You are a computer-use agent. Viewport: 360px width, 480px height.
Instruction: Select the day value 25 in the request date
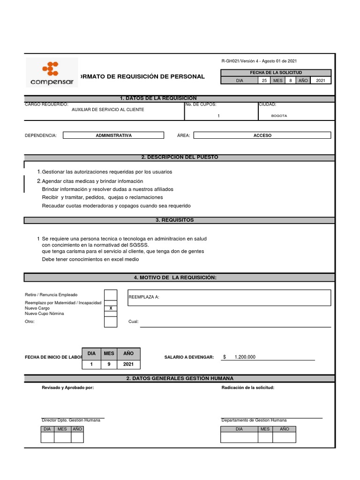(x=265, y=81)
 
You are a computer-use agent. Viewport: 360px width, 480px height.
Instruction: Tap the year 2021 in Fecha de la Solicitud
(x=321, y=81)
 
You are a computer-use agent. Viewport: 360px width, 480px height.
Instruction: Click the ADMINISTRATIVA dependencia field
(x=113, y=135)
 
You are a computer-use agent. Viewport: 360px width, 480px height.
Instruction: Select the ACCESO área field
(x=262, y=135)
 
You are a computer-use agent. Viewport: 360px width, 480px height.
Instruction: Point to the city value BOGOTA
(x=279, y=115)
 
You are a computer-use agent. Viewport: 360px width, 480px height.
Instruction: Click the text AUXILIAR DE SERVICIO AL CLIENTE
(x=108, y=109)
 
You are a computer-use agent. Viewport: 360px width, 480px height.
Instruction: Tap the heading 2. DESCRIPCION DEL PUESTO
(x=180, y=157)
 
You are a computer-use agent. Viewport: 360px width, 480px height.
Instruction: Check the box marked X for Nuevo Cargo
(x=111, y=308)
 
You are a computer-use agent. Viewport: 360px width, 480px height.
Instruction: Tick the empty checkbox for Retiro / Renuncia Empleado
(x=111, y=294)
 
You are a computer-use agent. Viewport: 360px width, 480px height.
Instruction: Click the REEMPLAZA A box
(x=229, y=297)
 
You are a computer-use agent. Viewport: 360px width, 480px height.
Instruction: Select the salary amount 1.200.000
(x=245, y=357)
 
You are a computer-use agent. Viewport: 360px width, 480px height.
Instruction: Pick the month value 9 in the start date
(x=109, y=364)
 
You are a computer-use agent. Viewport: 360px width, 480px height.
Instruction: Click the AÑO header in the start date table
(x=128, y=353)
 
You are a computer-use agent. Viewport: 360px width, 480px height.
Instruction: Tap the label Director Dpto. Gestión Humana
(x=71, y=420)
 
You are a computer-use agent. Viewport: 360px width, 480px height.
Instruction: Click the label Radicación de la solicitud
(x=247, y=388)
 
